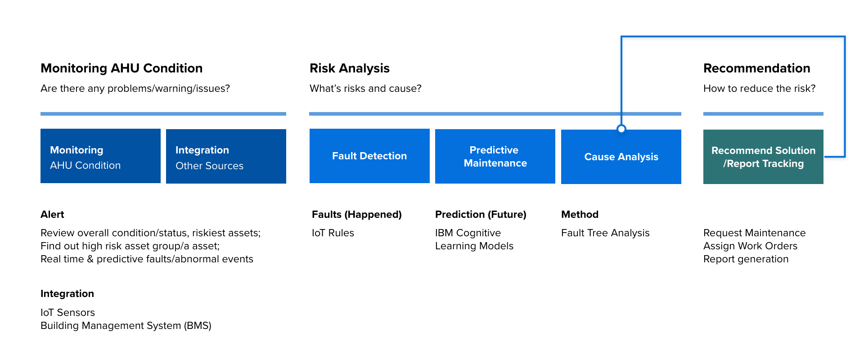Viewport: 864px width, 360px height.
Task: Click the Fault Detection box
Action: (x=369, y=156)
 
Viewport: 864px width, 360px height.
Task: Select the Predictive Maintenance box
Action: (x=495, y=156)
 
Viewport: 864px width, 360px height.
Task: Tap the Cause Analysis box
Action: (x=621, y=157)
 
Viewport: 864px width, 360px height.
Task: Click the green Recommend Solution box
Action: (x=763, y=157)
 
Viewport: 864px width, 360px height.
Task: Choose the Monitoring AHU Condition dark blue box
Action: (x=100, y=156)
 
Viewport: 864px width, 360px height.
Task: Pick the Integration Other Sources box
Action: (x=226, y=156)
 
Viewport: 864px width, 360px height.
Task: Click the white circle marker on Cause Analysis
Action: (x=621, y=129)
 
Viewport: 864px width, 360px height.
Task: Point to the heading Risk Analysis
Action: (x=350, y=68)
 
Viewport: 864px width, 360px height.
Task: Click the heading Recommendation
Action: (x=757, y=68)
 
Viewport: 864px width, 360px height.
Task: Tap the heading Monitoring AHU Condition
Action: (x=121, y=68)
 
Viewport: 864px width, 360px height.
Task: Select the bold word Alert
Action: (x=52, y=214)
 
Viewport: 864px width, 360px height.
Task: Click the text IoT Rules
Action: (x=333, y=233)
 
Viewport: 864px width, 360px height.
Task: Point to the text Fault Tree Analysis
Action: (x=605, y=233)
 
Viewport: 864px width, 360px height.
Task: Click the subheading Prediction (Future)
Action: (x=481, y=215)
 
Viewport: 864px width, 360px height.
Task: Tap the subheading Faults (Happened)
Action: (x=357, y=215)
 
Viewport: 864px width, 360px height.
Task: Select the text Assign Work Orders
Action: (x=750, y=246)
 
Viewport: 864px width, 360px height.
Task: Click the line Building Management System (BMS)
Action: (x=126, y=326)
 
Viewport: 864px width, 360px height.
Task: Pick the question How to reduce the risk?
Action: (x=760, y=89)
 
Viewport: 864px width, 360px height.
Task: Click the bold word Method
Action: (x=580, y=214)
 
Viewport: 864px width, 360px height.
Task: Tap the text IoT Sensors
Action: (x=67, y=313)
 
